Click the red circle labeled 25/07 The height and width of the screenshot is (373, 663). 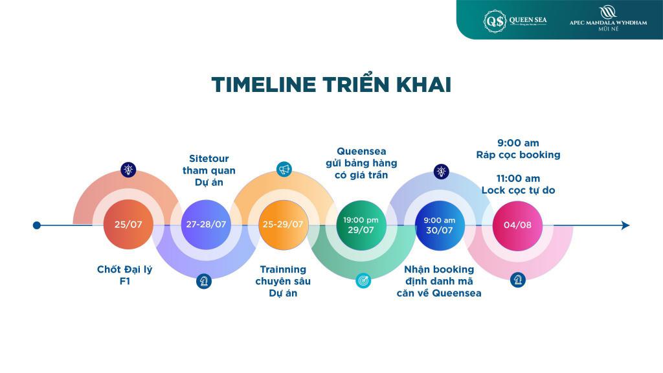coord(128,225)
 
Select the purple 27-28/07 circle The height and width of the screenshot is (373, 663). coord(206,225)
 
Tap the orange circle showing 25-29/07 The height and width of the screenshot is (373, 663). coord(283,225)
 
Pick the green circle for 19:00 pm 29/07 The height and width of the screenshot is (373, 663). coord(361,225)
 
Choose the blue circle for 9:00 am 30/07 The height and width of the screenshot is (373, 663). coord(440,225)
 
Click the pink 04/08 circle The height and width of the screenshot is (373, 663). coord(517,225)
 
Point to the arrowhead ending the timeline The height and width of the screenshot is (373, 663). coord(625,225)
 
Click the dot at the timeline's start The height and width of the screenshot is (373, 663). coord(37,225)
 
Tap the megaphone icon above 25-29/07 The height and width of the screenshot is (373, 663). coord(284,170)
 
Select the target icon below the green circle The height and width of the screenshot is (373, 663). coord(363,280)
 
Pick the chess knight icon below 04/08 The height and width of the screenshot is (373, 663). coord(518,280)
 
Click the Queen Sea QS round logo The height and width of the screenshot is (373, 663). coord(495,21)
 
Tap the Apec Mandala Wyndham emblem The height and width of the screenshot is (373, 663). coord(608,12)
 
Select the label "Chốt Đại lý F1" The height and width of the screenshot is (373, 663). coord(125,275)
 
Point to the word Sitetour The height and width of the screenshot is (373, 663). coord(209,159)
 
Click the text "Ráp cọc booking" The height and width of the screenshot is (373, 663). coord(519,155)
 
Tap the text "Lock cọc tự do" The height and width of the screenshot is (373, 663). coord(519,191)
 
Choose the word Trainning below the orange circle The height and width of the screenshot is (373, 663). coord(283,269)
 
